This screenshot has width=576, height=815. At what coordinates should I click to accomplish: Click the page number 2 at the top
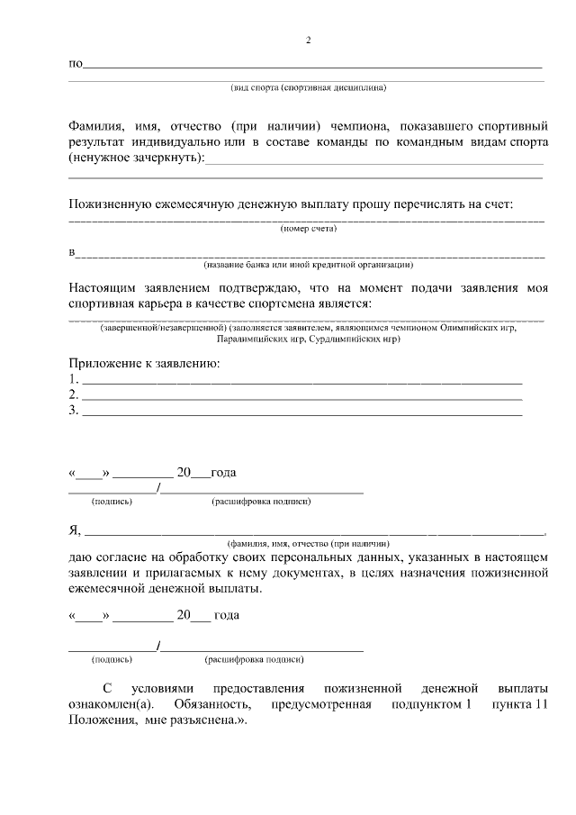[308, 41]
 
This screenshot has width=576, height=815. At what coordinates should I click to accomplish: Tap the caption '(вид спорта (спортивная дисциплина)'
[309, 88]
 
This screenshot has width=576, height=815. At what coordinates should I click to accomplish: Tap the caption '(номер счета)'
[308, 229]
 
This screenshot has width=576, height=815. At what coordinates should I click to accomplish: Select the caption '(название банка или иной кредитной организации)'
[308, 265]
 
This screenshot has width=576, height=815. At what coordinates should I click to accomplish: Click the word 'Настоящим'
[104, 288]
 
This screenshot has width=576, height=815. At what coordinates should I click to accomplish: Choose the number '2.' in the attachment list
[74, 394]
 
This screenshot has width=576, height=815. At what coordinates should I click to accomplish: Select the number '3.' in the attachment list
[74, 411]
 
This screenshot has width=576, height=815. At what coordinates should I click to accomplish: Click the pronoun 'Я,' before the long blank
[75, 530]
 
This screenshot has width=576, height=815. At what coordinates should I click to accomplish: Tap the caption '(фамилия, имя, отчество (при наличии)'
[308, 545]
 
